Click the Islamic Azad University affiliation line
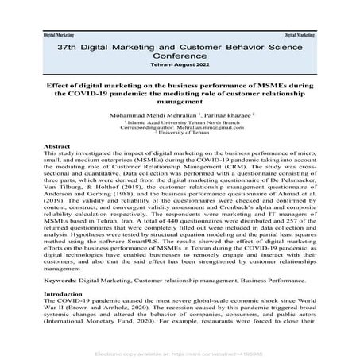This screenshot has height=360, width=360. tap(180, 124)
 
